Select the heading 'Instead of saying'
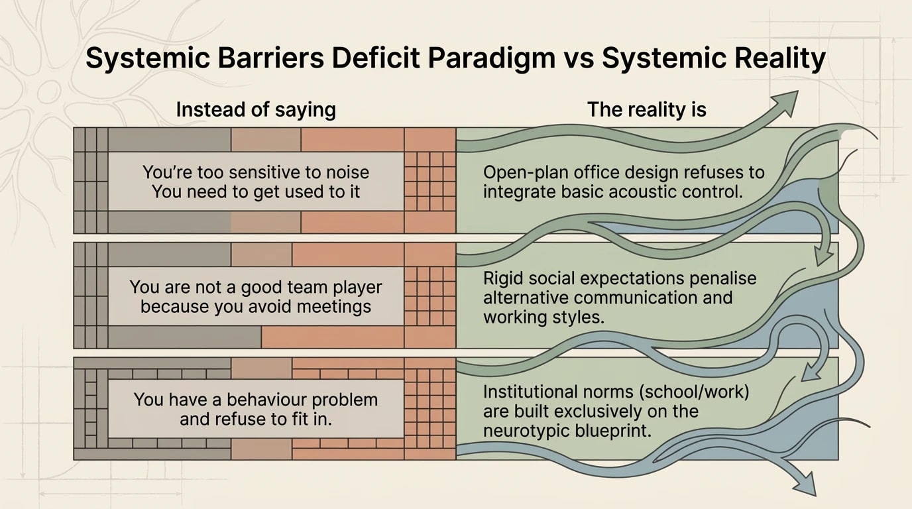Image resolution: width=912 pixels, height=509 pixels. pyautogui.click(x=256, y=109)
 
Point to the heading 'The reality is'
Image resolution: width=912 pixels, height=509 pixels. pyautogui.click(x=647, y=109)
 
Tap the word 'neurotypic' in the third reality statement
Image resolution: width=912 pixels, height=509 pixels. pyautogui.click(x=530, y=430)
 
